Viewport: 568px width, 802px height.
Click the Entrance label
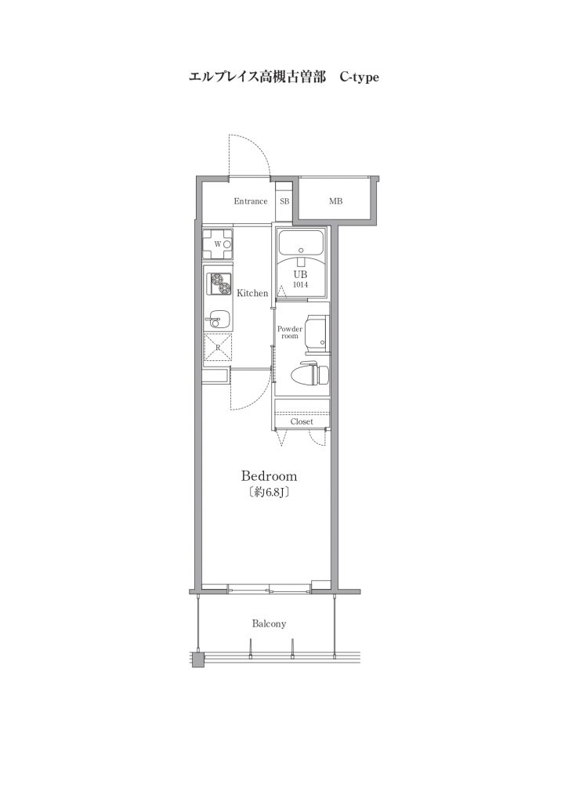coord(251,201)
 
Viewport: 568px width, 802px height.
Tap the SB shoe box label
coord(284,201)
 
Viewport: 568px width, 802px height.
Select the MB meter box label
coord(335,201)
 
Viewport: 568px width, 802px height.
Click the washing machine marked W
coord(218,244)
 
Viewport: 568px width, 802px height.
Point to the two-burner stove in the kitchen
coord(219,284)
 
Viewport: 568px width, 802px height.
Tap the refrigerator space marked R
coord(218,347)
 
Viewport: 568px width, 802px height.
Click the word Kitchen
coord(252,293)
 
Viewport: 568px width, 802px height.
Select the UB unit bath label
coord(300,274)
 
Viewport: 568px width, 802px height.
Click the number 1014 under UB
coord(300,285)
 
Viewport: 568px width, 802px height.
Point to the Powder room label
coord(290,332)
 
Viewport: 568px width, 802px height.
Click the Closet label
coord(302,422)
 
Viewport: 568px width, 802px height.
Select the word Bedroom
coord(270,476)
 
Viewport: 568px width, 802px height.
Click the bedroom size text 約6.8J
coord(270,493)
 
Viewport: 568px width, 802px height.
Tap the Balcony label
coord(270,624)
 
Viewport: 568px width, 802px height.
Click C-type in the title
coord(360,78)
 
